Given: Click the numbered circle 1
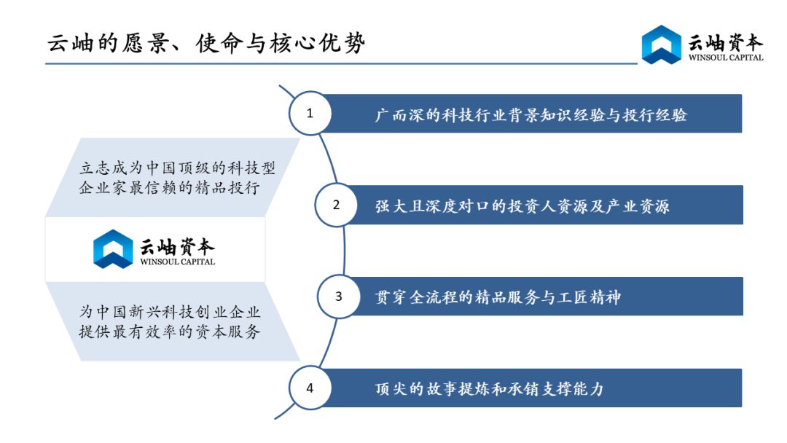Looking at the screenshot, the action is [x=310, y=113].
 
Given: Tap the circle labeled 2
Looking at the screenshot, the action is [x=336, y=205].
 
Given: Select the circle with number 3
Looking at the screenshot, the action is [x=338, y=297].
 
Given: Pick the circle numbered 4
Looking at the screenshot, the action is [x=310, y=388].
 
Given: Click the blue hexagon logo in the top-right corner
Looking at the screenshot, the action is [x=662, y=44].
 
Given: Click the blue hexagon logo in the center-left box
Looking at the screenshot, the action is [x=113, y=249].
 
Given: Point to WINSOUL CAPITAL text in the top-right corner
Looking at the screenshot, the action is [x=726, y=58].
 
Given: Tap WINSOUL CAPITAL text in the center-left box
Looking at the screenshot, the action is [x=177, y=262].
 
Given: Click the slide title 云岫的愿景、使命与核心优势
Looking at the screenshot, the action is [x=206, y=43].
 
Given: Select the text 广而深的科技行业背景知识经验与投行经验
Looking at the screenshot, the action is [x=530, y=115].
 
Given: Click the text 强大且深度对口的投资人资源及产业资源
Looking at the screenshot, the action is [x=522, y=206].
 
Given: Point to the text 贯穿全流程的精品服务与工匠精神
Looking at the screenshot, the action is [x=498, y=297].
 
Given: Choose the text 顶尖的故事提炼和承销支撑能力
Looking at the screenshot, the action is [x=489, y=388].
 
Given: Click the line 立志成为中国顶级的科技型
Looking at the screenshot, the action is [x=177, y=168].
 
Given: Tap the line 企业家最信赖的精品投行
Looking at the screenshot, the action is [x=169, y=188].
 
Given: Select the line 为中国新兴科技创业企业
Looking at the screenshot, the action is [x=169, y=312].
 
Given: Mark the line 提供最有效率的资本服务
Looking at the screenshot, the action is [x=169, y=332].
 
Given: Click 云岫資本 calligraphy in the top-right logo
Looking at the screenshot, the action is [x=725, y=42].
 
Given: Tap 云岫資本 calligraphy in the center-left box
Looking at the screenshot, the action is [x=176, y=246].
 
